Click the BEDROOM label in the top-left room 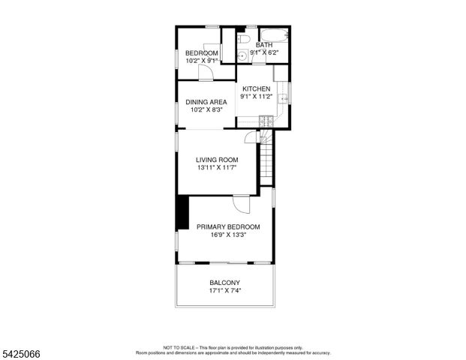(202, 52)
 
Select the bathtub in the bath (275, 35)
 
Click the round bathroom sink (243, 57)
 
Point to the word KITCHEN (256, 88)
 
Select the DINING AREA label (206, 102)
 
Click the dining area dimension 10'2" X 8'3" (206, 110)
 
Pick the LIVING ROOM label (217, 160)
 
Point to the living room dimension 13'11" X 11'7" (217, 169)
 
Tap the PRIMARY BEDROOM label (228, 226)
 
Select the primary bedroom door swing (240, 203)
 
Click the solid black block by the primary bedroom (182, 213)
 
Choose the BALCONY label (224, 283)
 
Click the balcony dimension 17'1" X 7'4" (224, 291)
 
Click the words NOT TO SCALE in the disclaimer (178, 347)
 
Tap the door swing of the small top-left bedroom (205, 71)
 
